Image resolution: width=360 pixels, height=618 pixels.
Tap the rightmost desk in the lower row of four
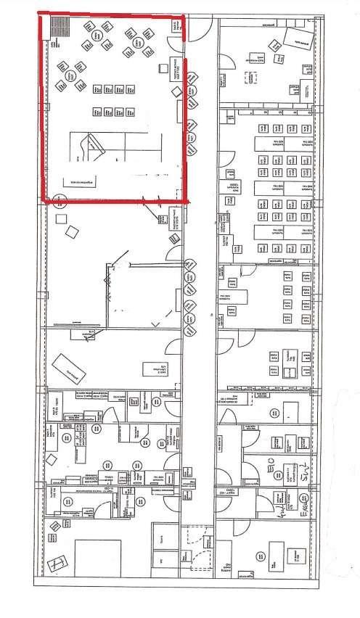(x=131, y=112)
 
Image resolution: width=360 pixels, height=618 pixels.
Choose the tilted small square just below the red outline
(x=72, y=231)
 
